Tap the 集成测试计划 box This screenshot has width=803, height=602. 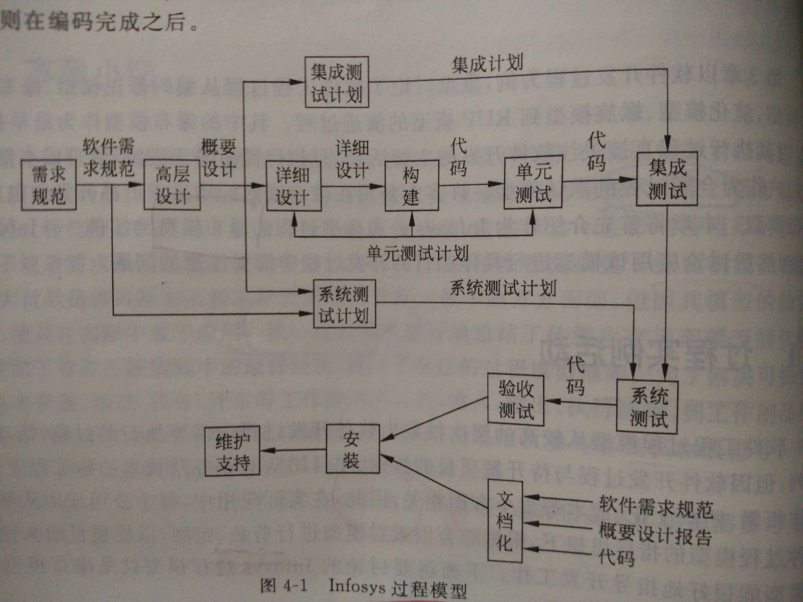click(x=337, y=82)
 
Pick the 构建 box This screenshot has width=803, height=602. click(x=412, y=186)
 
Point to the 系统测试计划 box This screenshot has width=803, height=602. click(x=344, y=303)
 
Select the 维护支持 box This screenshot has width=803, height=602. click(x=232, y=451)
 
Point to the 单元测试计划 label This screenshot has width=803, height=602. click(x=418, y=253)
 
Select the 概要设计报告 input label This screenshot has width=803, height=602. click(x=655, y=534)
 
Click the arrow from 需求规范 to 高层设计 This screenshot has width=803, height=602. click(x=110, y=185)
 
